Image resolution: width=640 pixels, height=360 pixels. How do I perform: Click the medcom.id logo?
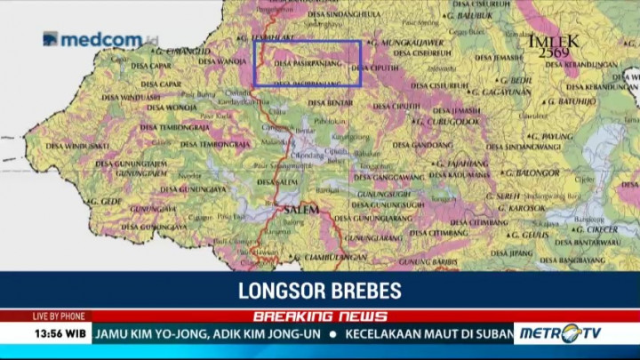pos(100,39)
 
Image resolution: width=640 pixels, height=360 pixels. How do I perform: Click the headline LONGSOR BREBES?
pos(319,291)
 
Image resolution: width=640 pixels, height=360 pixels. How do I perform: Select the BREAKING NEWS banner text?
pos(320,316)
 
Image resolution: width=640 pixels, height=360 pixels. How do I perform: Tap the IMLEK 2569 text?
pos(554,47)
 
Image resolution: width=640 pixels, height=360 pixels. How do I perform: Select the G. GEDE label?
pos(104,202)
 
